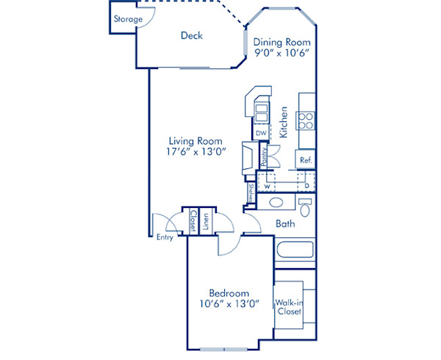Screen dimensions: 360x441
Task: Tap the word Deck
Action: click(192, 35)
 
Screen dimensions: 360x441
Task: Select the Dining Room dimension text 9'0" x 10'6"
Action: click(282, 53)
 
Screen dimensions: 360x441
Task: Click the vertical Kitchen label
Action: click(283, 123)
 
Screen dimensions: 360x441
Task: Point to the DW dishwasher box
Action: click(261, 133)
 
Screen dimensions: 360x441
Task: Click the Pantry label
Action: click(262, 156)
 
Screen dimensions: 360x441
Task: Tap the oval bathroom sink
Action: click(278, 203)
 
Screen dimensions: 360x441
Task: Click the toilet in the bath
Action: click(305, 204)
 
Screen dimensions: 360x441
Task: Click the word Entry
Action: click(165, 237)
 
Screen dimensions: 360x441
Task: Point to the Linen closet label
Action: click(207, 220)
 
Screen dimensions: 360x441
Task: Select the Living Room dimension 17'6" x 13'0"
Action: click(196, 151)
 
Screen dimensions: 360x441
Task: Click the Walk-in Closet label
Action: click(288, 306)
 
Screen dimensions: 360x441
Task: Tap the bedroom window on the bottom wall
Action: click(224, 347)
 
